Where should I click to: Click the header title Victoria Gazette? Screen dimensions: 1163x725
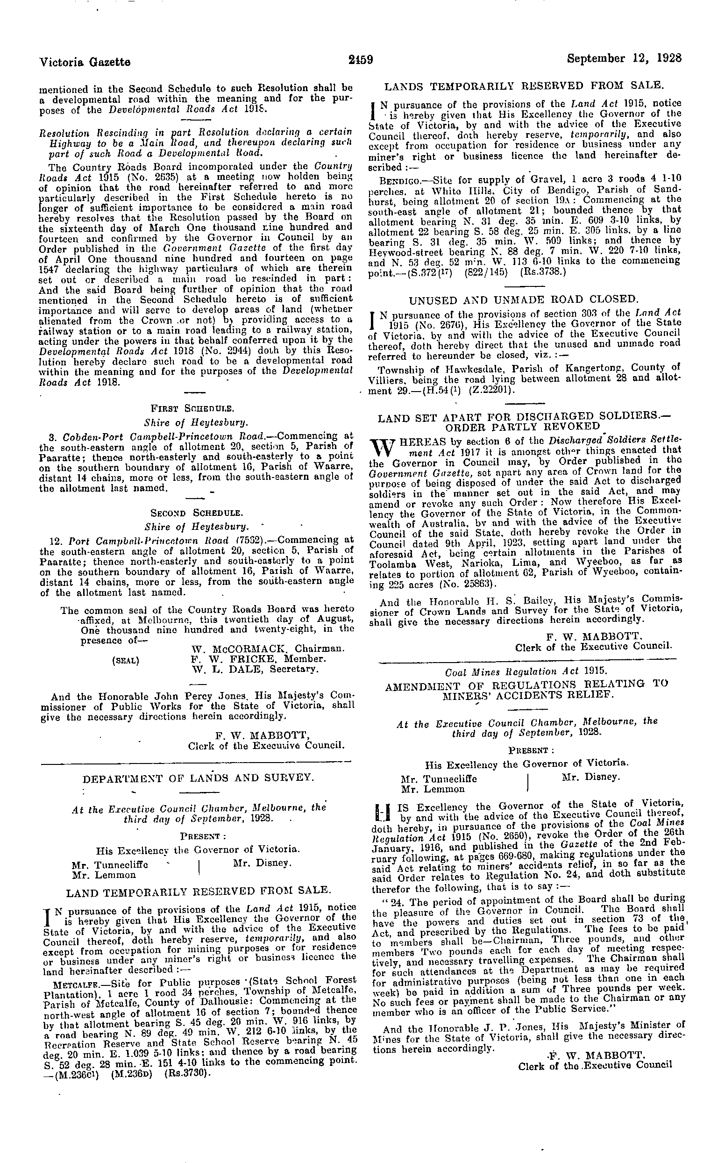coord(85,62)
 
